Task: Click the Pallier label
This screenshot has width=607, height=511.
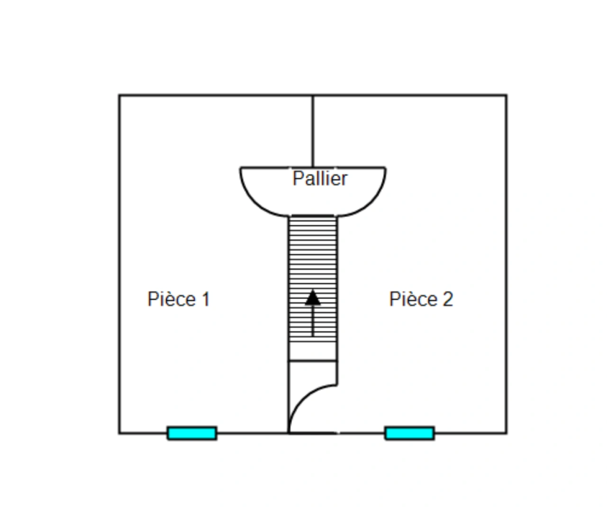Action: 320,178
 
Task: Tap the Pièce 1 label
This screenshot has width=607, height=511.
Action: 179,300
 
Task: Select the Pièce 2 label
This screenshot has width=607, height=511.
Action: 421,300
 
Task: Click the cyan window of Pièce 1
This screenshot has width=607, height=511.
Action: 192,433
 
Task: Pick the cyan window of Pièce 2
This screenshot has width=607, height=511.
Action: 409,433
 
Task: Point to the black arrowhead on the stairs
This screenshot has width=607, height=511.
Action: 312,298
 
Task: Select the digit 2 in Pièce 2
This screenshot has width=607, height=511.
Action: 447,300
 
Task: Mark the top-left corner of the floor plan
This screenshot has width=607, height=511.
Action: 119,96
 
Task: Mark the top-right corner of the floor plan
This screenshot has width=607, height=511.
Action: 506,96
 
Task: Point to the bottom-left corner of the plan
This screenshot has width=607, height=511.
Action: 119,433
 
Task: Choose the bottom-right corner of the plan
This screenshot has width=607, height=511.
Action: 506,433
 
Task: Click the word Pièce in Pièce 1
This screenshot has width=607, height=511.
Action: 171,300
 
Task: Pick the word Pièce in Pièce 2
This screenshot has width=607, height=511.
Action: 413,300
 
